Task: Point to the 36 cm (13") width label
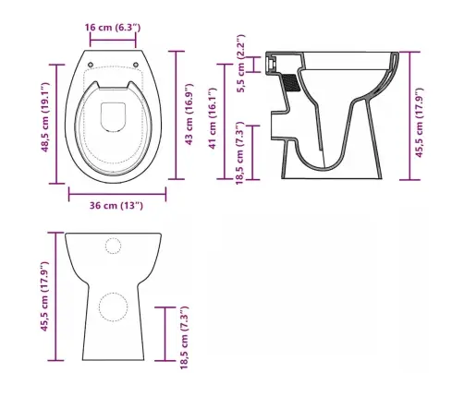point(117,205)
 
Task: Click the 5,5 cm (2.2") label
point(240,64)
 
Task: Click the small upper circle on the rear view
point(115,245)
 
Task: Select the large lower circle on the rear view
point(115,307)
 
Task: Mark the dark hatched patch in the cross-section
point(289,80)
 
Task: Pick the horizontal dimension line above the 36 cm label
point(117,192)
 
